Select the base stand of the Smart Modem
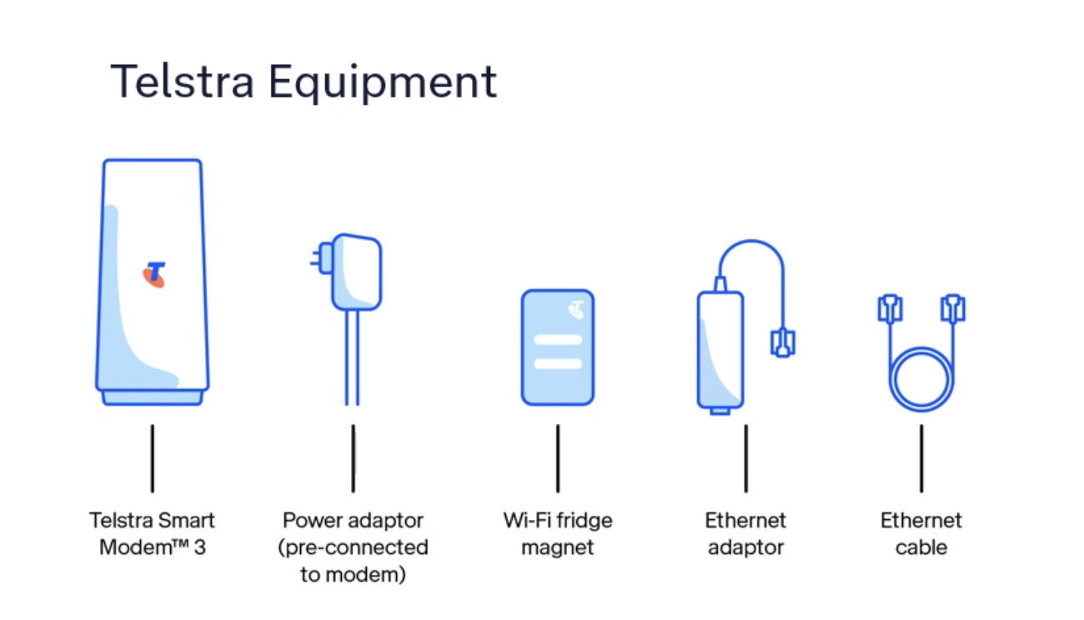click(153, 397)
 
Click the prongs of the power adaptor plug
click(317, 257)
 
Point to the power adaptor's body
click(356, 272)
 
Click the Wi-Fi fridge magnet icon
click(557, 348)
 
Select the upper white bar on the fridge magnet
click(557, 339)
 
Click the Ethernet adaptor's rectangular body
click(720, 350)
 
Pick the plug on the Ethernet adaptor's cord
click(782, 342)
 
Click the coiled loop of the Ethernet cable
click(921, 380)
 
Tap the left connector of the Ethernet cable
click(890, 307)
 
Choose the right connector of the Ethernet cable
click(952, 307)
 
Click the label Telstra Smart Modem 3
click(153, 533)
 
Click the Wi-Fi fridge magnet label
click(557, 533)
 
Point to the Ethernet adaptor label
click(745, 533)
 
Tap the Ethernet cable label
click(921, 533)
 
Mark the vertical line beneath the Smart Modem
click(152, 457)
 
